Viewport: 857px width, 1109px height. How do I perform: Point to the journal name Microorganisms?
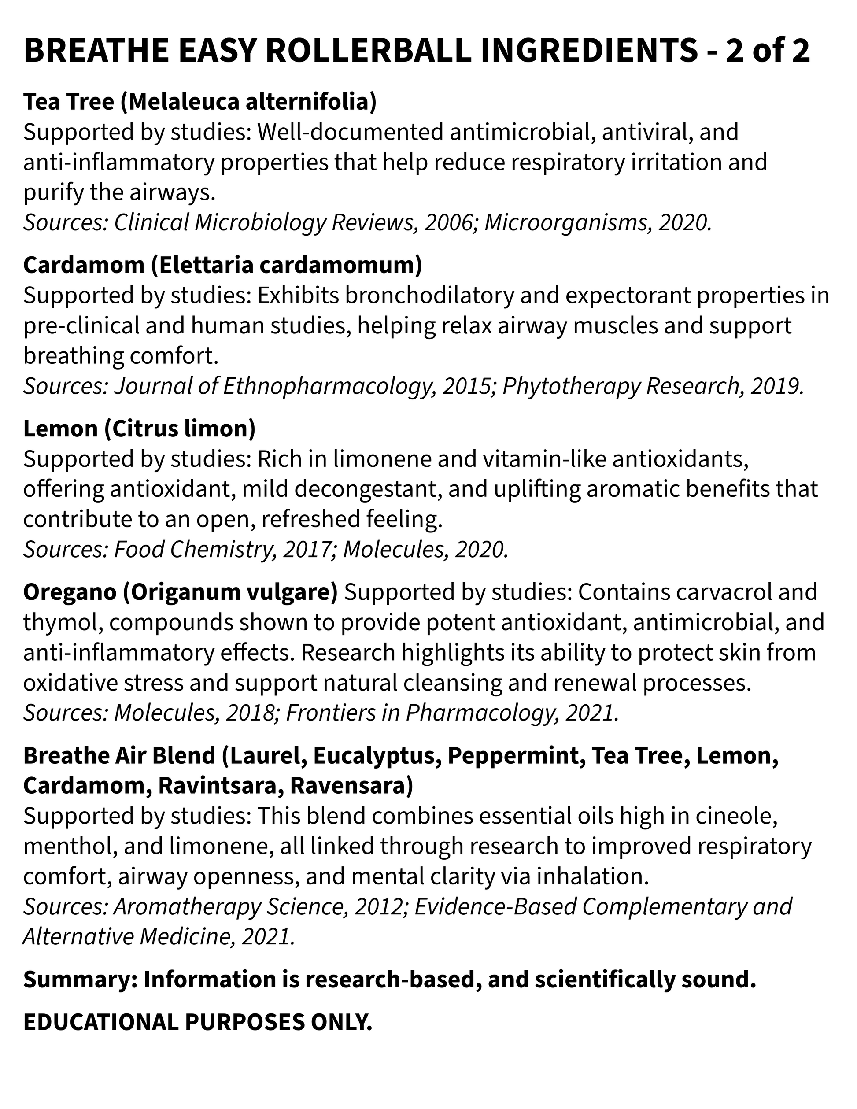[x=566, y=222]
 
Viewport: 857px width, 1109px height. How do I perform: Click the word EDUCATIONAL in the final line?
[x=100, y=1022]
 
